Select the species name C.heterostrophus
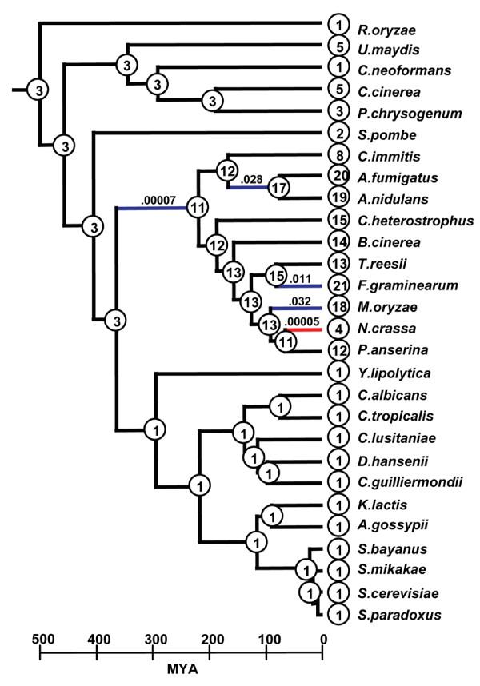[x=404, y=220]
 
